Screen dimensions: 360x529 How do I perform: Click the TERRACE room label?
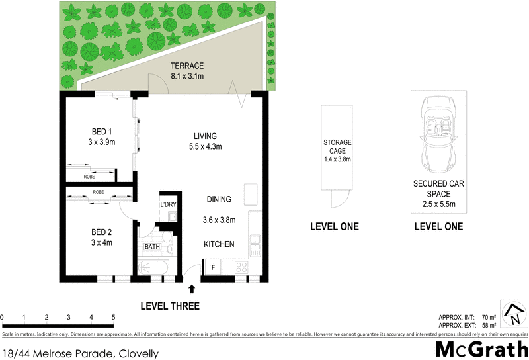click(186, 66)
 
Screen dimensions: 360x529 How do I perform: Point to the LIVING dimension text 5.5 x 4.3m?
click(204, 146)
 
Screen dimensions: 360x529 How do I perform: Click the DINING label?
click(218, 199)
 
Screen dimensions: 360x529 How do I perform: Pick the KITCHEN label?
click(218, 244)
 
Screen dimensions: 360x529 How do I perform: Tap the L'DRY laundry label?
click(168, 205)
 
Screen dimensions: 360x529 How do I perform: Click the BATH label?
click(152, 247)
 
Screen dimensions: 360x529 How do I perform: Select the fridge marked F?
click(213, 267)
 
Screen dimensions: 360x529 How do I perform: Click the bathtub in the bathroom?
click(153, 268)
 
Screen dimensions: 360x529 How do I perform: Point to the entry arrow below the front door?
click(192, 289)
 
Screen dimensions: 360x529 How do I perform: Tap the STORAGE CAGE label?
click(337, 146)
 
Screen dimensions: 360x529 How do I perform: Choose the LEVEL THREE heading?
click(170, 306)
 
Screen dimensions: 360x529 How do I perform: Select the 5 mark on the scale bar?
click(113, 318)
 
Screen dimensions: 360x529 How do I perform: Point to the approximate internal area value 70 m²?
click(489, 318)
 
